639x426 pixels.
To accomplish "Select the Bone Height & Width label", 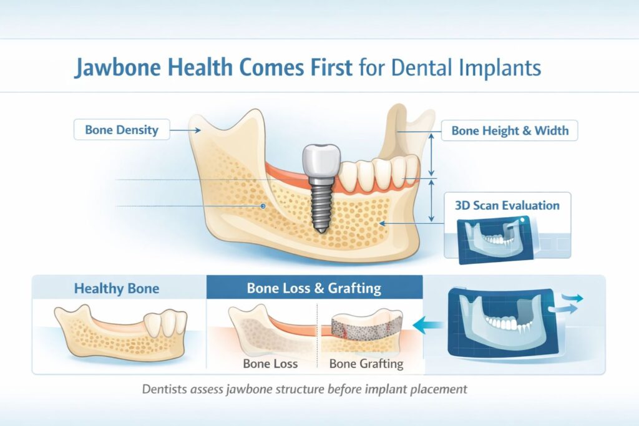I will click(x=510, y=131).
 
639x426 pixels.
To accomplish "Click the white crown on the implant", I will click(x=320, y=162).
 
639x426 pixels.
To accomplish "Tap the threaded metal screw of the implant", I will click(x=320, y=206).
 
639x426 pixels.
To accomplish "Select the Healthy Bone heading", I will click(x=117, y=289).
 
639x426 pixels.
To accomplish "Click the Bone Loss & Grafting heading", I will click(x=314, y=289).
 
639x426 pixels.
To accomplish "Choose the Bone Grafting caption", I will click(x=366, y=364).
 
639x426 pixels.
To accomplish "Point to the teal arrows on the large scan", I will click(x=568, y=303).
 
